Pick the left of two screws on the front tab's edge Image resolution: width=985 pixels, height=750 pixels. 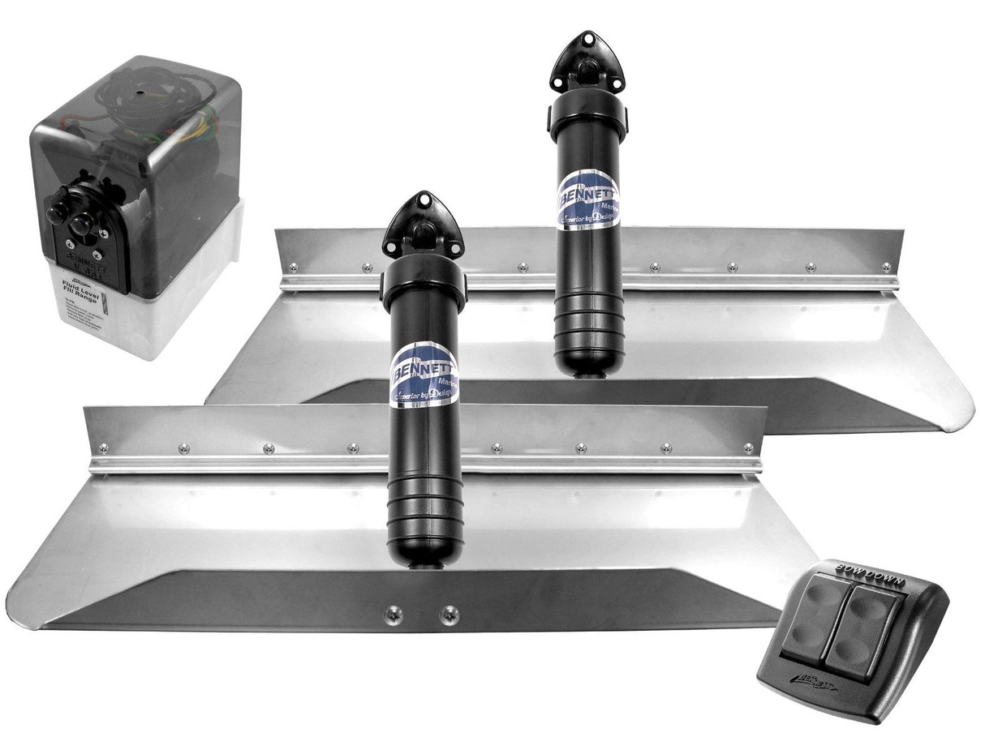[x=394, y=614]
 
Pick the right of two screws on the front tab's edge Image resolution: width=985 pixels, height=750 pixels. [x=449, y=615]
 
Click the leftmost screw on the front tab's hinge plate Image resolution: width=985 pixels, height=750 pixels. [x=103, y=448]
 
